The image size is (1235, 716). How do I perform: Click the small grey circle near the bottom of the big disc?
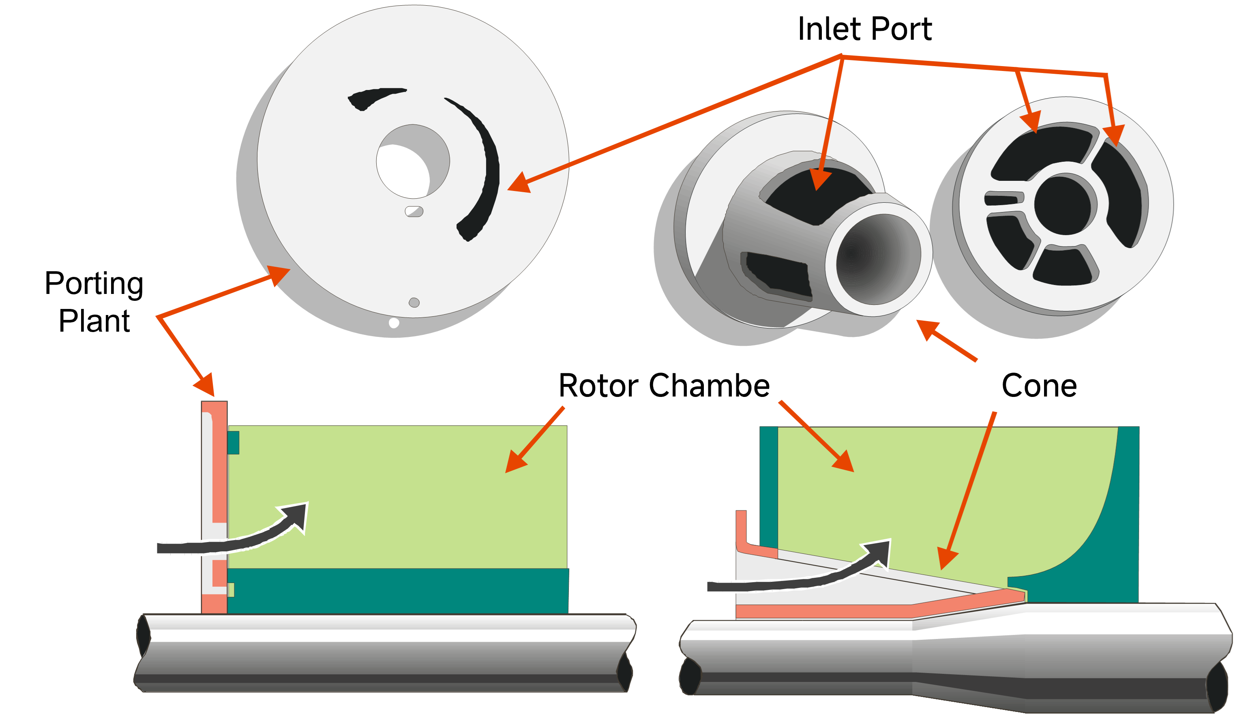click(414, 302)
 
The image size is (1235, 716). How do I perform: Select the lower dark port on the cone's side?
click(777, 274)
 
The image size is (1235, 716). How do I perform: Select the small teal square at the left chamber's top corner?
click(233, 443)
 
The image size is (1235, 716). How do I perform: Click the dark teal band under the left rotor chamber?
click(397, 591)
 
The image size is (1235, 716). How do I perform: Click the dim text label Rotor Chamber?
click(664, 385)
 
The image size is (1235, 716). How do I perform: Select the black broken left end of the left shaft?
click(143, 636)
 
